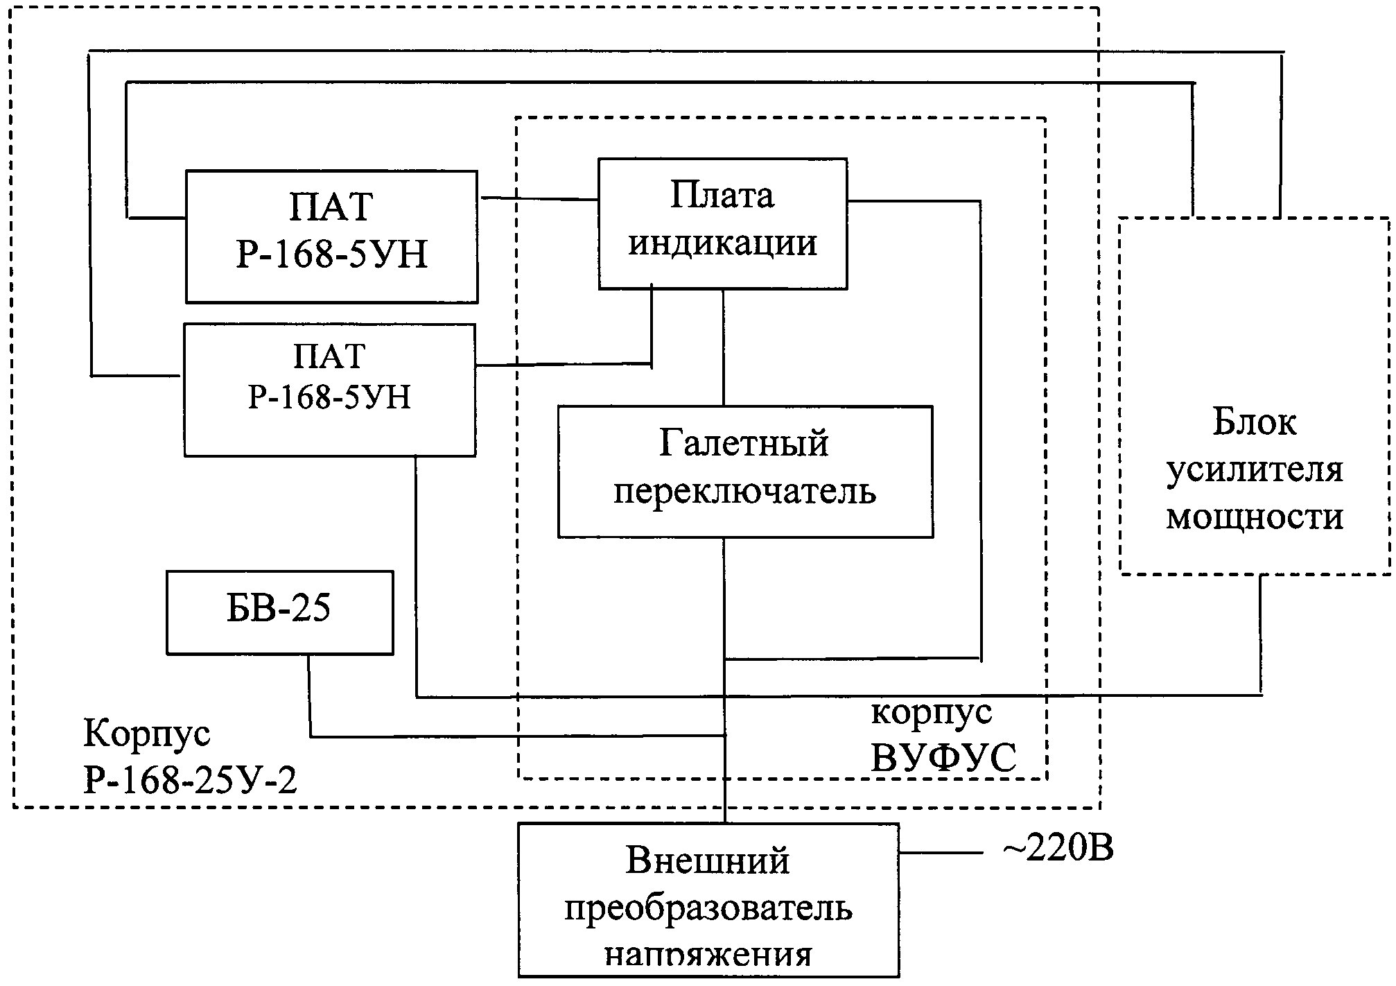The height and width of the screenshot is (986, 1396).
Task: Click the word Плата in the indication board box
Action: (x=722, y=196)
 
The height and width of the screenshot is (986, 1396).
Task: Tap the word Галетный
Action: (x=743, y=444)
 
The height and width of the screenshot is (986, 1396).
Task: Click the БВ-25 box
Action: (x=279, y=612)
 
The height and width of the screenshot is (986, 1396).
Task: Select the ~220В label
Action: (x=1058, y=848)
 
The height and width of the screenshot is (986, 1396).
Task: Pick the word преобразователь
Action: (x=708, y=908)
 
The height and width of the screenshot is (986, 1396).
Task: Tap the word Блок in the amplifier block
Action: (x=1254, y=422)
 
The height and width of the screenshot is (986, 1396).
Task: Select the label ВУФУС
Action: (x=943, y=758)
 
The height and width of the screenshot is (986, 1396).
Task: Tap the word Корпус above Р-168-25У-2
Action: (x=146, y=734)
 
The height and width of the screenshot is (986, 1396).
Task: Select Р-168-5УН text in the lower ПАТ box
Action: (x=329, y=398)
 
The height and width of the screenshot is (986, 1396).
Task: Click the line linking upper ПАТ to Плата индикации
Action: (x=539, y=199)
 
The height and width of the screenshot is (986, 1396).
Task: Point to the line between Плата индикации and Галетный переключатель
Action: (x=724, y=347)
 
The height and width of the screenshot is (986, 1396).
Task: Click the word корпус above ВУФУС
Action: (x=931, y=712)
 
